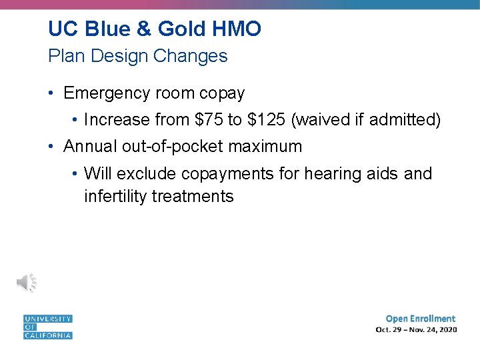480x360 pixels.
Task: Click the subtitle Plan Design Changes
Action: tap(137, 56)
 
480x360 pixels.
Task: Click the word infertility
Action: tap(115, 196)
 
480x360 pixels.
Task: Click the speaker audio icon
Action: tap(27, 283)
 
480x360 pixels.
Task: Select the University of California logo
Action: tap(47, 327)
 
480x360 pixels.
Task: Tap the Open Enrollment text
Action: tap(420, 319)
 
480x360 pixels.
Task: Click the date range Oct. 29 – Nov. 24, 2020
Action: tap(416, 330)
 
